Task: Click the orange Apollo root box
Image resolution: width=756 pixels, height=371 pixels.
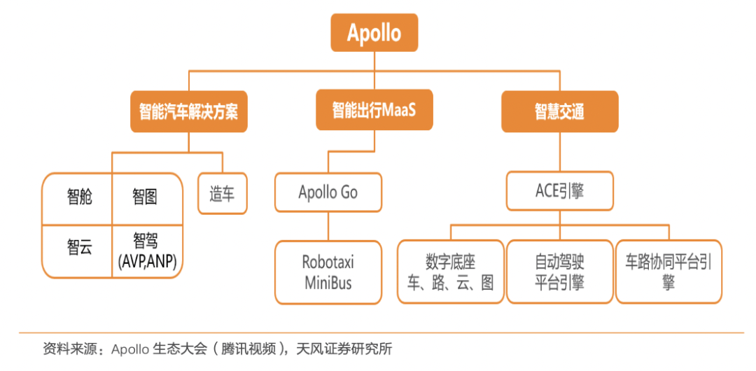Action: click(374, 32)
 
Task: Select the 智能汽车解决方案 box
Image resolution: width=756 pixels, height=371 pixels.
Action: click(188, 111)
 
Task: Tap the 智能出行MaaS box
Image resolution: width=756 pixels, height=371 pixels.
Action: click(374, 110)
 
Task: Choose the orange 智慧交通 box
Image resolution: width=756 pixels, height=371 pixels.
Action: click(559, 111)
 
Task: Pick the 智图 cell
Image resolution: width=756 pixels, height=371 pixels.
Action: click(147, 197)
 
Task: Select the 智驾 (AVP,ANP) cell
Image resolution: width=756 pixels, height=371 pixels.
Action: click(147, 251)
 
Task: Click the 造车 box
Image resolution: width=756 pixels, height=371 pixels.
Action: click(223, 194)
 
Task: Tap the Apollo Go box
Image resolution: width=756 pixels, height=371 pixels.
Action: click(328, 192)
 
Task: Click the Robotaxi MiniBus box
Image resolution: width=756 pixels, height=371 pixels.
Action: click(328, 272)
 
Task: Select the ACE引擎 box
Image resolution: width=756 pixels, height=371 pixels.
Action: click(559, 192)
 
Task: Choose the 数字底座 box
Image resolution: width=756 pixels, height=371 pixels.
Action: click(450, 272)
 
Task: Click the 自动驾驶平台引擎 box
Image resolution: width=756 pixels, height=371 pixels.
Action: click(559, 272)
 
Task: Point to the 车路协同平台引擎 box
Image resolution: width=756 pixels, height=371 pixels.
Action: click(668, 272)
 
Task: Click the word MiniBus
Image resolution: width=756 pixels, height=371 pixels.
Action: click(328, 282)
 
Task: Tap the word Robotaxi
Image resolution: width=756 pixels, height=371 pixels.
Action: click(328, 262)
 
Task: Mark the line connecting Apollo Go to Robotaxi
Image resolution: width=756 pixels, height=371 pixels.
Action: click(328, 226)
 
